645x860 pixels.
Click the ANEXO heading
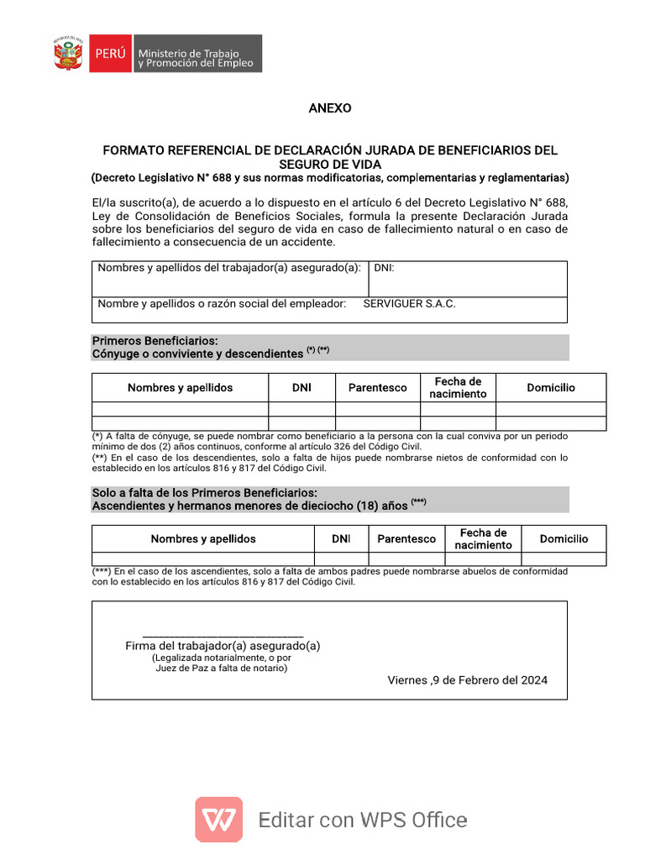330,108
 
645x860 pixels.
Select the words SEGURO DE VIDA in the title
330,164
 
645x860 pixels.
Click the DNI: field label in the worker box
384,268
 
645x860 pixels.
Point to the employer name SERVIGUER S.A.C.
409,304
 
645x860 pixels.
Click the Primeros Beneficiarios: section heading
155,341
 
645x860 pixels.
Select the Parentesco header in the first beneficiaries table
377,388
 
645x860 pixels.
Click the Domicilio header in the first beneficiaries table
551,388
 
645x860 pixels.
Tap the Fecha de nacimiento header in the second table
483,539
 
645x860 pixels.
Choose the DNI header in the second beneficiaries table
341,539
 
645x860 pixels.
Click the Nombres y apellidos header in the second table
203,539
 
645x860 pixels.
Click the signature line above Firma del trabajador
223,637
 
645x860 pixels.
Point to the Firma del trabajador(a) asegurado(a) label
223,646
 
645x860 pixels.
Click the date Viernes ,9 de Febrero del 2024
467,680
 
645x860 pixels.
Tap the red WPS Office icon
219,820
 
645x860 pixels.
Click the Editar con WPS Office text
363,821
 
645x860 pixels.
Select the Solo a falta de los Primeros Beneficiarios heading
204,492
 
